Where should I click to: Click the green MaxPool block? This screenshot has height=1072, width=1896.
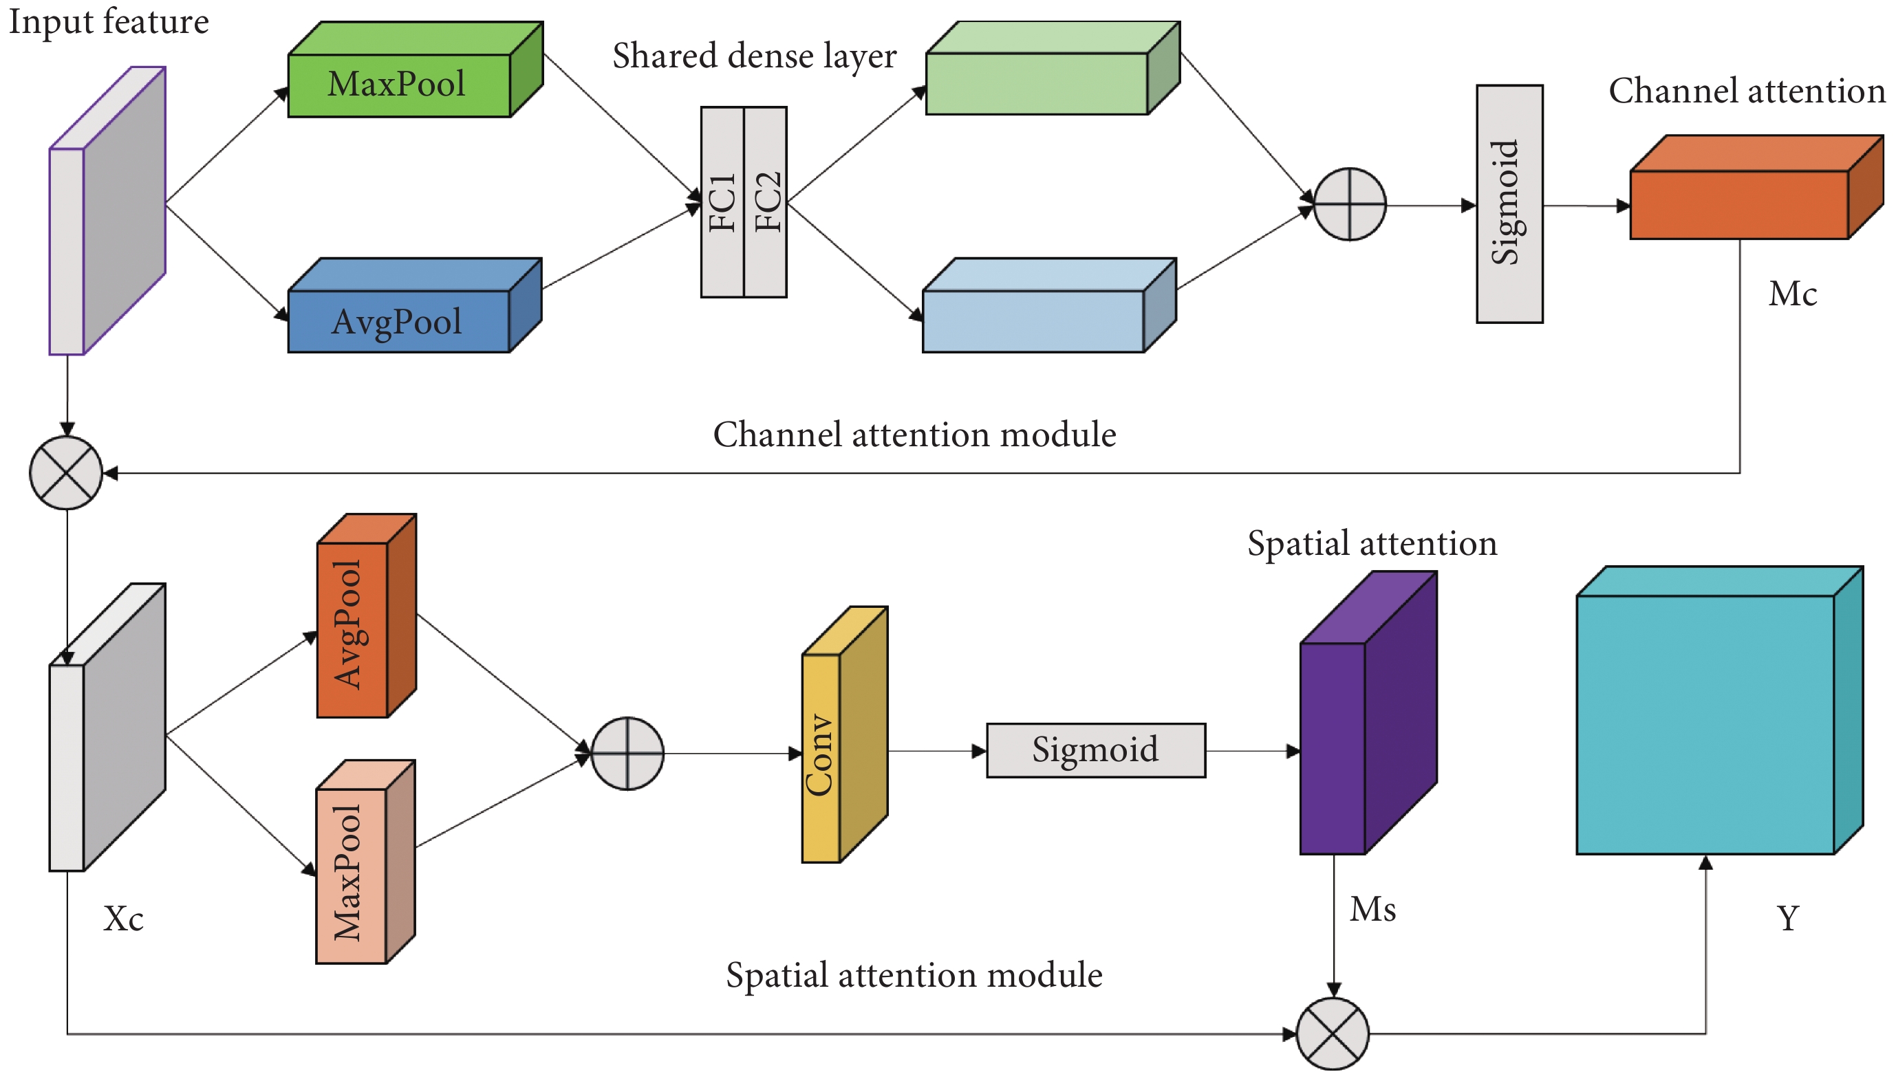pos(398,85)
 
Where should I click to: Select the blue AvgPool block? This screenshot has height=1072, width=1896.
pos(398,321)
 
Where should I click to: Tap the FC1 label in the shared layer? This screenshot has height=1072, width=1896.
pos(722,201)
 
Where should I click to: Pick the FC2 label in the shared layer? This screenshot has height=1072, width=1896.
pos(767,201)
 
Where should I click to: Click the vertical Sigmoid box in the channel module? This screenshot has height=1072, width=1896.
pos(1509,204)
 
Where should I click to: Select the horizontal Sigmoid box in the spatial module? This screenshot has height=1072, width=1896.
pos(1095,750)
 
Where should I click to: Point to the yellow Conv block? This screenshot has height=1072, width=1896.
pos(821,756)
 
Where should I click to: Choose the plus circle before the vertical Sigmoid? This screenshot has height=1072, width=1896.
pos(1350,204)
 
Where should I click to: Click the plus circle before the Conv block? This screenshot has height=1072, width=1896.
pos(627,753)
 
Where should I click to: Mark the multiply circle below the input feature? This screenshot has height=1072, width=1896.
pos(66,472)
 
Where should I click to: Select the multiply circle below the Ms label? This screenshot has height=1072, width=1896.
pos(1333,1033)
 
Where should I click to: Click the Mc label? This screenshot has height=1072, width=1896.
pos(1792,294)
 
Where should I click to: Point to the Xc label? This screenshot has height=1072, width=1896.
pos(123,919)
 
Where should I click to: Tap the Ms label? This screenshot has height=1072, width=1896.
pos(1372,909)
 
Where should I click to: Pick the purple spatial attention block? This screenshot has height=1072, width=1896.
pos(1333,747)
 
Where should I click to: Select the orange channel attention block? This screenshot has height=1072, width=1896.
pos(1739,204)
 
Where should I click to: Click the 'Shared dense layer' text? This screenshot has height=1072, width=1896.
pos(754,56)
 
